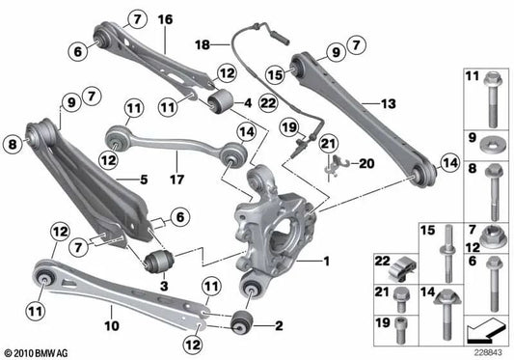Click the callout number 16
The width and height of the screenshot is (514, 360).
[164, 19]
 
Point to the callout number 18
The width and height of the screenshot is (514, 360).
[202, 44]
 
